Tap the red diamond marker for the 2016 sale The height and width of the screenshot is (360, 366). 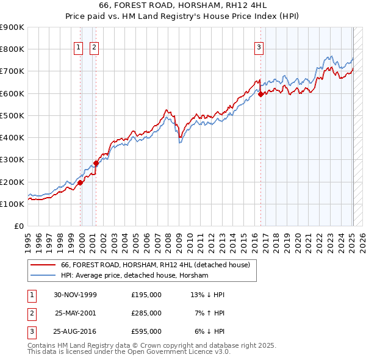pos(260,95)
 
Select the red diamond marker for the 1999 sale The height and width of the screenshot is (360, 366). pos(80,182)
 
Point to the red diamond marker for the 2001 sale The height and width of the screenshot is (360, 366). pos(96,163)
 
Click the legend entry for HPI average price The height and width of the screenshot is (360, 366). pos(134,276)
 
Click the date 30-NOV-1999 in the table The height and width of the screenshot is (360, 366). pos(75,295)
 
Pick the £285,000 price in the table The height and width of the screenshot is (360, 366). pos(146,313)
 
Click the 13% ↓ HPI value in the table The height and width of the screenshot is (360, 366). pos(207,295)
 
